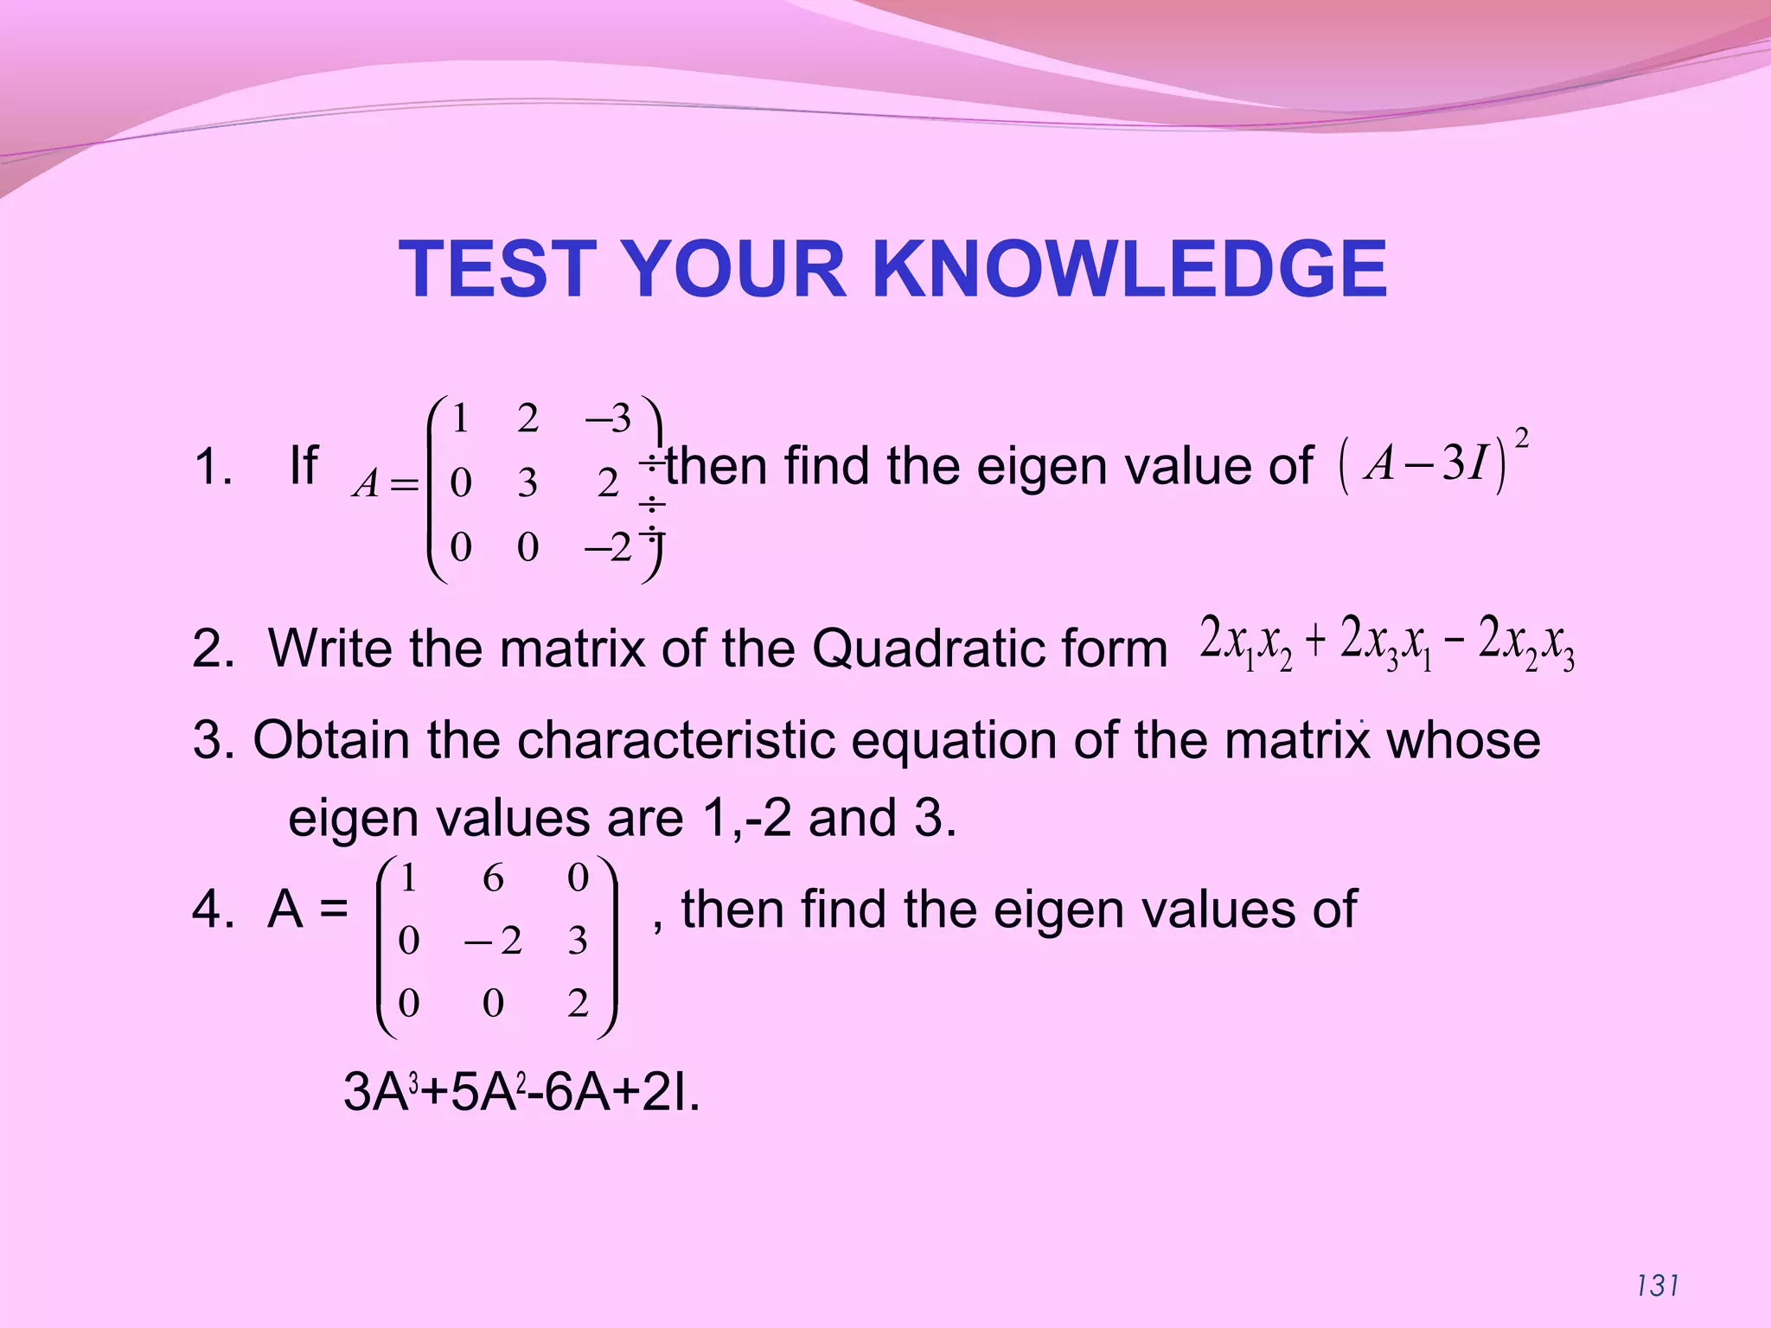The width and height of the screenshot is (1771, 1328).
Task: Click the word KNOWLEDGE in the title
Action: [x=1129, y=269]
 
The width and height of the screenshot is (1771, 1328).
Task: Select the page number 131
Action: [x=1658, y=1286]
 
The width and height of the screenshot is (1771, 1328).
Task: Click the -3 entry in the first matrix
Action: [x=609, y=418]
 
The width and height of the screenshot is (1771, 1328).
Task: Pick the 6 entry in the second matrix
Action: [x=493, y=878]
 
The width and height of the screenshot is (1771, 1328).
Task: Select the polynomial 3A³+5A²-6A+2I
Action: [x=521, y=1092]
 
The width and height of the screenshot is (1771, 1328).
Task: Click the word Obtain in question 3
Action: [x=331, y=740]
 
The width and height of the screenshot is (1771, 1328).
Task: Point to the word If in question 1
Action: [x=304, y=466]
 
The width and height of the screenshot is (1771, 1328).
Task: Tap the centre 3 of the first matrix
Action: [x=527, y=482]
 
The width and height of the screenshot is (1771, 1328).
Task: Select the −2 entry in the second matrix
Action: [x=494, y=941]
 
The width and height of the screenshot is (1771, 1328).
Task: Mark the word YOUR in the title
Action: [x=733, y=269]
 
